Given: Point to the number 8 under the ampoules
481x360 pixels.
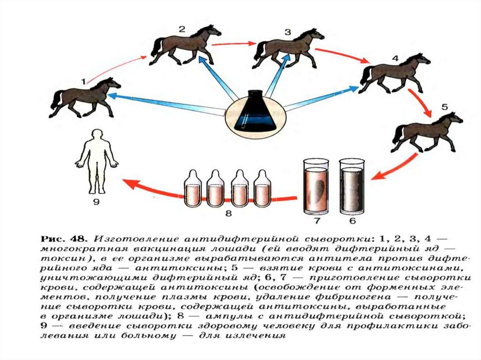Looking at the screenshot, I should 229,214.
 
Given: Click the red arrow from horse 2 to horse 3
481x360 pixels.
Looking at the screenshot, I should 230,45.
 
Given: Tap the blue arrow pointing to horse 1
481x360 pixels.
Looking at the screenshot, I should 164,104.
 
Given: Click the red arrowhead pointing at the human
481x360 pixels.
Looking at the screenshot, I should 129,183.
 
